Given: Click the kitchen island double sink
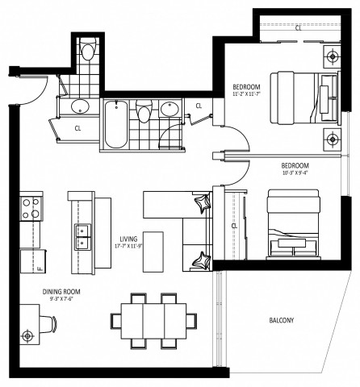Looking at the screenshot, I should [x=82, y=235].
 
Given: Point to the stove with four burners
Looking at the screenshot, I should [x=31, y=207].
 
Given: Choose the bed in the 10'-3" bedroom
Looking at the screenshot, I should [x=293, y=222].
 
